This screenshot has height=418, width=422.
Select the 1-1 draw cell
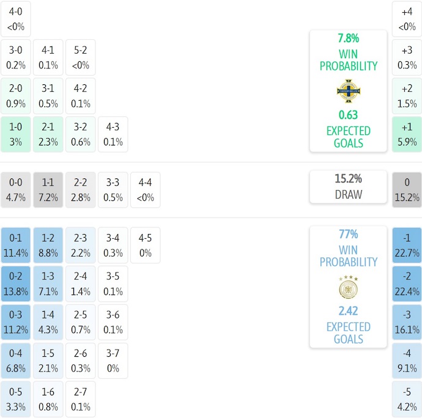click(x=48, y=189)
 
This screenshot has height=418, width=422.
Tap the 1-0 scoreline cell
click(x=16, y=134)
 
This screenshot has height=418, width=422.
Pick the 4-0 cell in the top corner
click(x=16, y=18)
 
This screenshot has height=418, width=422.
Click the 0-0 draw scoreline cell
click(x=16, y=189)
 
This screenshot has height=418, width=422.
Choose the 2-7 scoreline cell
click(x=81, y=399)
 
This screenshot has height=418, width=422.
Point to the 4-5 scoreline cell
click(x=145, y=245)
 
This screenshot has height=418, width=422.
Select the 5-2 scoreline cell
click(x=81, y=57)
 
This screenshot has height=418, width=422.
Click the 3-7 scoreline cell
click(x=113, y=361)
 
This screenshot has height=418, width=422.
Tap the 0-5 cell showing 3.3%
click(x=16, y=399)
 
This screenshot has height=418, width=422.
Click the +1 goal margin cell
click(x=407, y=134)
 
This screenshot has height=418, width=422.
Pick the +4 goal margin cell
click(x=407, y=18)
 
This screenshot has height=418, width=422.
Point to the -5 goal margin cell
click(x=407, y=399)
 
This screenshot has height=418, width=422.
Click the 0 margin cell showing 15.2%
click(x=407, y=189)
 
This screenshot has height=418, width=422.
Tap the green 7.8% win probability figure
click(x=348, y=38)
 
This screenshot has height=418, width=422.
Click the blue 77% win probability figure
click(x=348, y=234)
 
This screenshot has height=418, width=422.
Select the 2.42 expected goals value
click(x=348, y=310)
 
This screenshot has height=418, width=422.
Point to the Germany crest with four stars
click(x=348, y=287)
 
